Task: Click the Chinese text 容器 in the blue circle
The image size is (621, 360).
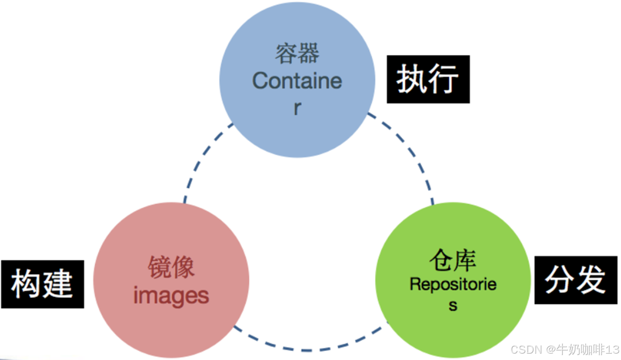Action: click(297, 54)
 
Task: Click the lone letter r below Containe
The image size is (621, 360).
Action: click(297, 108)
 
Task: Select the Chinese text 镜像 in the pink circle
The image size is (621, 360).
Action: click(171, 267)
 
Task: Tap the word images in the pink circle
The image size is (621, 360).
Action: click(171, 296)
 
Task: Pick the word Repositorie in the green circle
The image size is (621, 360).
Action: click(453, 285)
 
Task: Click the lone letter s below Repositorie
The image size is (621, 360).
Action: click(453, 306)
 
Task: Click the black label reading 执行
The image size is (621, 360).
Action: click(428, 79)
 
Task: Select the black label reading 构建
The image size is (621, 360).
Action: click(42, 284)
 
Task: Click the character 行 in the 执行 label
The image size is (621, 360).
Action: click(444, 79)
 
